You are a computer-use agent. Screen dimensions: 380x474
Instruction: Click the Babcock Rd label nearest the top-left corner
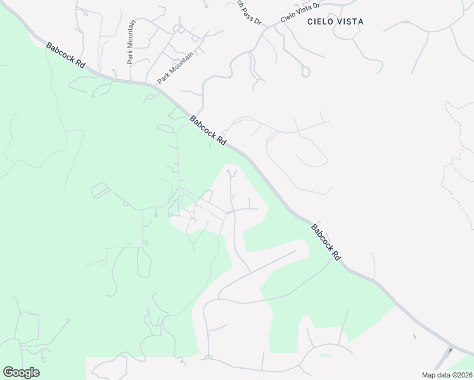click(x=65, y=56)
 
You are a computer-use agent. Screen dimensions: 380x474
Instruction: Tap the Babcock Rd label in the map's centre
click(x=208, y=131)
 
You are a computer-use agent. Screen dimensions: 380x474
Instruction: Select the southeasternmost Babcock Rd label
click(x=326, y=242)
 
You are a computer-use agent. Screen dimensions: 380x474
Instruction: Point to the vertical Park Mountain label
click(x=131, y=42)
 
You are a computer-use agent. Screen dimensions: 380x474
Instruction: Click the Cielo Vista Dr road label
click(x=300, y=13)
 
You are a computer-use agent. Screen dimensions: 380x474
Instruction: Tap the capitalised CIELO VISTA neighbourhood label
click(x=335, y=22)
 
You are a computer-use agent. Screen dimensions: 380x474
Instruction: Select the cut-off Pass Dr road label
click(x=249, y=11)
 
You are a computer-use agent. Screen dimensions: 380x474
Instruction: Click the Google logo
click(x=21, y=372)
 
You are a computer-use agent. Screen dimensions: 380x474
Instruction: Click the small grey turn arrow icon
click(x=451, y=350)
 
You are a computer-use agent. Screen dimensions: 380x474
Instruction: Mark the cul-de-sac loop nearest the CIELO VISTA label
click(x=305, y=72)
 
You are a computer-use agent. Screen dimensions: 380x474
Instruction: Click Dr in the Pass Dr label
click(x=257, y=20)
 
